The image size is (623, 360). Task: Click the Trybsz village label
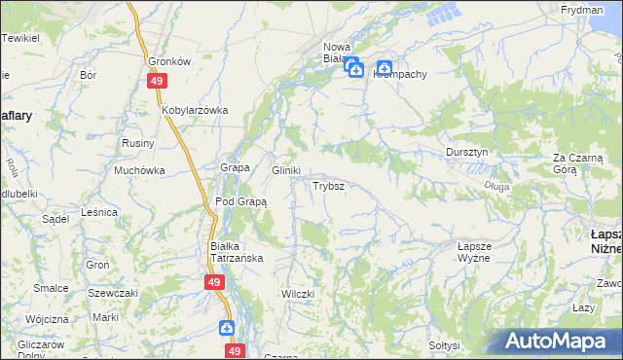tap(327, 185)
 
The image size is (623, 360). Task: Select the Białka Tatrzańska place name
tap(238, 252)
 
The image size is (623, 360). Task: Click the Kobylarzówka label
tap(195, 110)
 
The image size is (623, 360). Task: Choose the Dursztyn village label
tap(472, 153)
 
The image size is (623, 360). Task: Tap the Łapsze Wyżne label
tap(482, 252)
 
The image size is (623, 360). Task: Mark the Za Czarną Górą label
tap(578, 163)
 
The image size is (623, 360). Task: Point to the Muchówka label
tap(139, 169)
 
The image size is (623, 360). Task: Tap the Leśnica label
tap(99, 211)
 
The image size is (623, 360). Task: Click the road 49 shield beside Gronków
tap(156, 81)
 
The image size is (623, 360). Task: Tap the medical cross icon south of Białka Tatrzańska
tap(226, 328)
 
